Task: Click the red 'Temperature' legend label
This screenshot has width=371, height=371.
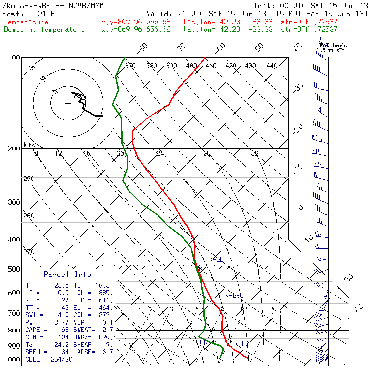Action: (x=26, y=22)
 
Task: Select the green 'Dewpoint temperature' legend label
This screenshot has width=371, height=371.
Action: (x=44, y=30)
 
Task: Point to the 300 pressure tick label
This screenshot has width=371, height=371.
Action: (x=14, y=202)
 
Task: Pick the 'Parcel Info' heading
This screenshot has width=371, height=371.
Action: (x=67, y=274)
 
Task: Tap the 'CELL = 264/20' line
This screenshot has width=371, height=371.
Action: (x=48, y=360)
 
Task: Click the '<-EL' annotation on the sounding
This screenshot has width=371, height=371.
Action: (x=216, y=259)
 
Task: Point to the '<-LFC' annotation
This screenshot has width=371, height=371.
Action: (x=234, y=296)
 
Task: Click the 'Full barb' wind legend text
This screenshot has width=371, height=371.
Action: (x=332, y=45)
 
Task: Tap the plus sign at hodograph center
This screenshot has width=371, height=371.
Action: (x=68, y=104)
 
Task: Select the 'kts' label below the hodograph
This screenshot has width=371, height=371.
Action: (x=29, y=145)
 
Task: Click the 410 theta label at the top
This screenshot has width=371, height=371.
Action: (x=211, y=66)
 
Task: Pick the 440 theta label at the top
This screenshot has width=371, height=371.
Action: (x=272, y=66)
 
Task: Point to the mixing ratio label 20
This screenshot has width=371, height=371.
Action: (x=273, y=309)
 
